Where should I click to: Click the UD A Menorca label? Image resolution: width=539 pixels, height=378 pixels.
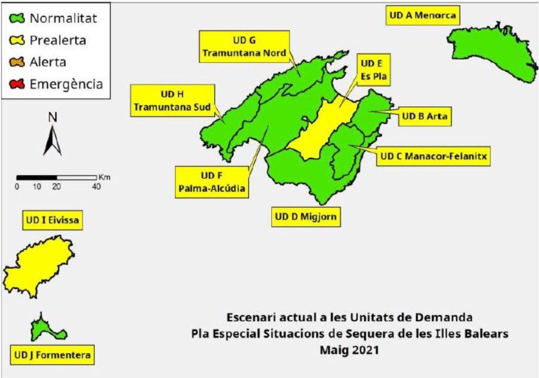(x=422, y=15)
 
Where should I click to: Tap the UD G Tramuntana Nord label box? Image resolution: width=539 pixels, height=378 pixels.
(x=244, y=46)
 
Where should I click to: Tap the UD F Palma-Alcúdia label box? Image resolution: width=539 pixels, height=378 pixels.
(x=211, y=182)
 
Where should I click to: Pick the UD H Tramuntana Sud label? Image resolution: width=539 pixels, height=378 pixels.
(x=172, y=100)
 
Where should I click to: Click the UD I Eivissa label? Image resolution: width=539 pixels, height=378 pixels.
(x=52, y=221)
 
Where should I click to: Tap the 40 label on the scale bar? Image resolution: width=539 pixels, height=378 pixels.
(x=96, y=186)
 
